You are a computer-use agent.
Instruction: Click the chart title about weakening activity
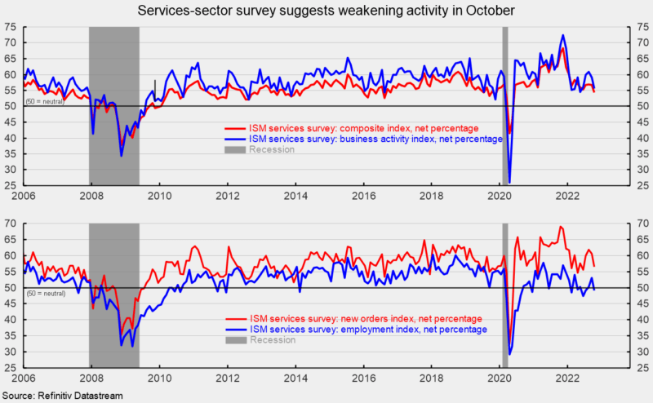click(326, 11)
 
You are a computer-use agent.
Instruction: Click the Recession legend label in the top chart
click(271, 149)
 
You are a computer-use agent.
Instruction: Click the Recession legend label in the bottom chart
click(273, 339)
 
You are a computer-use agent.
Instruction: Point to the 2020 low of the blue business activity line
click(509, 181)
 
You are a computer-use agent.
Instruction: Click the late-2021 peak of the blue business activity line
click(562, 36)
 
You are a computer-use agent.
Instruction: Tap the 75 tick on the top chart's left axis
click(12, 27)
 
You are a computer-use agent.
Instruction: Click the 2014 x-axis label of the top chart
click(295, 196)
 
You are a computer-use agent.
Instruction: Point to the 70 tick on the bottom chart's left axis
click(12, 223)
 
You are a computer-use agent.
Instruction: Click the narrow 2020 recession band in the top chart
click(504, 106)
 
